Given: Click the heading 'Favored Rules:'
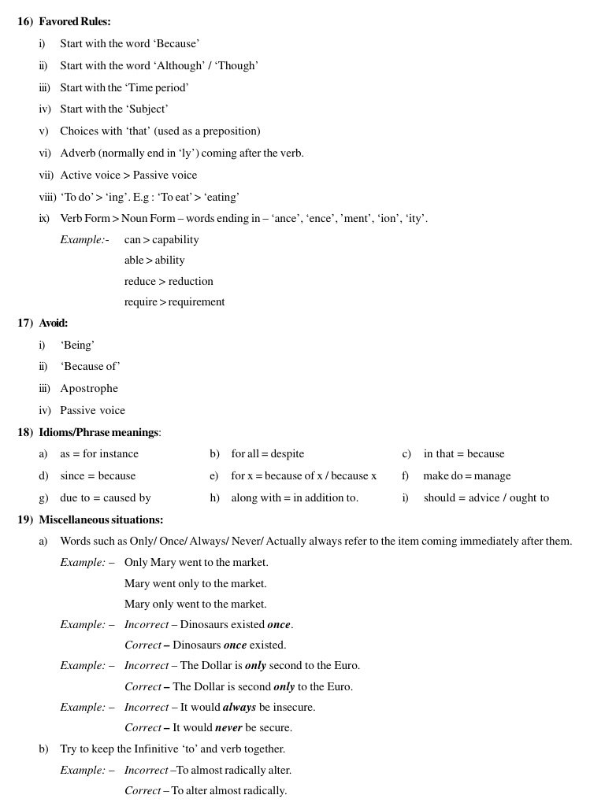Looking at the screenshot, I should coord(75,22).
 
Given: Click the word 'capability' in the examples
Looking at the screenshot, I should coord(175,240).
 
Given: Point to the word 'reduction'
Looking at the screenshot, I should coord(191,282).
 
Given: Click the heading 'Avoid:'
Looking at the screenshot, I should coord(54,324).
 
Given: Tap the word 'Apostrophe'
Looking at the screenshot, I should coord(89,389).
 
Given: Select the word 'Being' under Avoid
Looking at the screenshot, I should coord(77,346).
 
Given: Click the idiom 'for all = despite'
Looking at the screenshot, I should coord(267,454).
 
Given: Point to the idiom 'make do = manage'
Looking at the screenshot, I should coord(466,476).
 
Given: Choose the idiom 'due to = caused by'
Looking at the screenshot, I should coord(106,498).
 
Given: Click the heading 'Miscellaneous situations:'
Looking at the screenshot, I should coord(101,520).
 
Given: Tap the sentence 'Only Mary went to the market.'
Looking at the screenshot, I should coord(196,563).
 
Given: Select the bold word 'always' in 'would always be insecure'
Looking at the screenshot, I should coord(239,708).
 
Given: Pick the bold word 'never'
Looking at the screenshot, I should coord(228,728).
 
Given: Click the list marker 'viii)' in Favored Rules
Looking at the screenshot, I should coord(47,198).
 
